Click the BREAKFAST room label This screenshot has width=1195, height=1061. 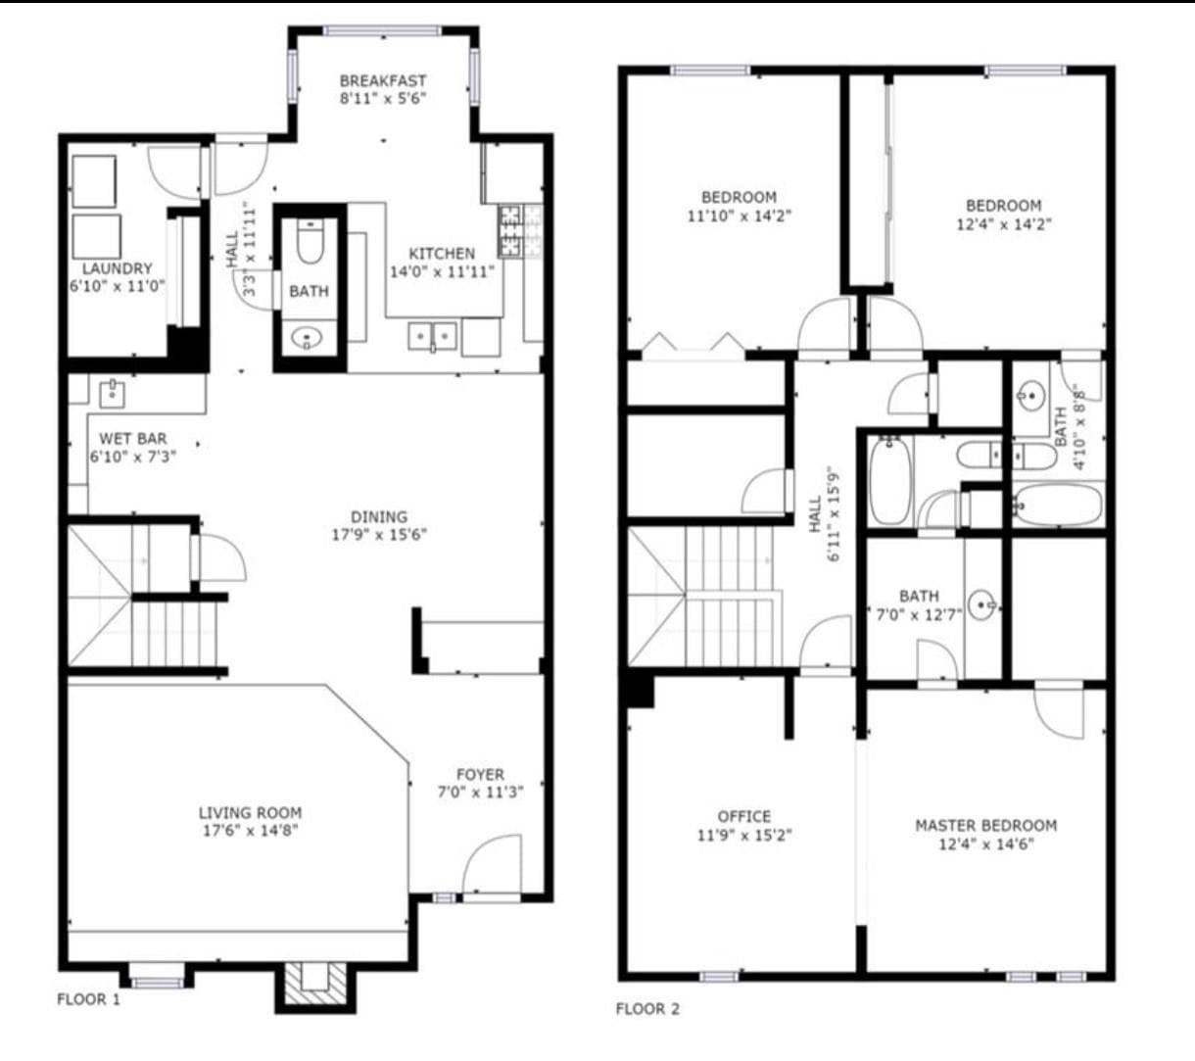(382, 80)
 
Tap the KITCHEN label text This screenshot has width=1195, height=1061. (442, 254)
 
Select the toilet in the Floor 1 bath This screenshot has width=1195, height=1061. (310, 240)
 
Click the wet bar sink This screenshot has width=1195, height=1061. (112, 394)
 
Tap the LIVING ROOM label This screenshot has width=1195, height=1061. (250, 813)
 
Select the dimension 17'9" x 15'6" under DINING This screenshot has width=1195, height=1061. (379, 535)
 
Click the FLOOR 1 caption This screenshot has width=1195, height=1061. (88, 999)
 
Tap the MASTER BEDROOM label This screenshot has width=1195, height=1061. (985, 826)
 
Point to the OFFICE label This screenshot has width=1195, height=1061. (743, 817)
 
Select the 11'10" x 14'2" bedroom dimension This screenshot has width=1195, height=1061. (739, 216)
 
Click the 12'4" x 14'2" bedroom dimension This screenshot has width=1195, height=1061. (1003, 224)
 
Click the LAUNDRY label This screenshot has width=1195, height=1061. (117, 269)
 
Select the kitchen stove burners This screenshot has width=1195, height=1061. (510, 231)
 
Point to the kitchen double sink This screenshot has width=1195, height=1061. (432, 336)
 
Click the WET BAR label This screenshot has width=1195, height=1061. (132, 439)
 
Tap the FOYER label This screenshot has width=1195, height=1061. (480, 775)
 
